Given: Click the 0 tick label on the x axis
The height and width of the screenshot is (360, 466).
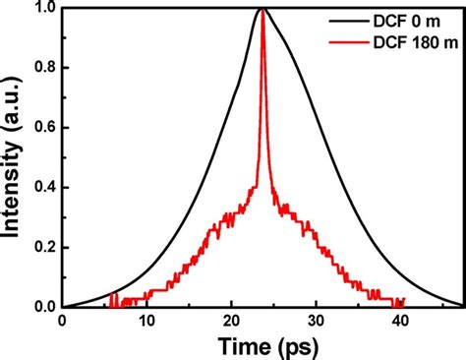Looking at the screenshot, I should [62, 322].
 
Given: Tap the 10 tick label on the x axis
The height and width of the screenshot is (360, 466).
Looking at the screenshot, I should [146, 322].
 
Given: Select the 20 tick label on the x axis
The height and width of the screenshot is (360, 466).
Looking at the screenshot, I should [231, 322].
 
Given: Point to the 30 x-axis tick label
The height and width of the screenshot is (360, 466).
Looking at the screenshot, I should [316, 322].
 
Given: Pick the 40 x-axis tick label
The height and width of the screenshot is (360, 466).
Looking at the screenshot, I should [400, 322].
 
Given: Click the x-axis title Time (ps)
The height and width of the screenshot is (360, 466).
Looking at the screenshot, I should [262, 345].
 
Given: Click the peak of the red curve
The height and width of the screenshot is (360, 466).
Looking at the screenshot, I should [262, 12].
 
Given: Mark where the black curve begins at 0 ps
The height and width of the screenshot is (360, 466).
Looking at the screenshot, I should [63, 306].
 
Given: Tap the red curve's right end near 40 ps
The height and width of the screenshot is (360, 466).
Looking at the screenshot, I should [404, 301].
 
